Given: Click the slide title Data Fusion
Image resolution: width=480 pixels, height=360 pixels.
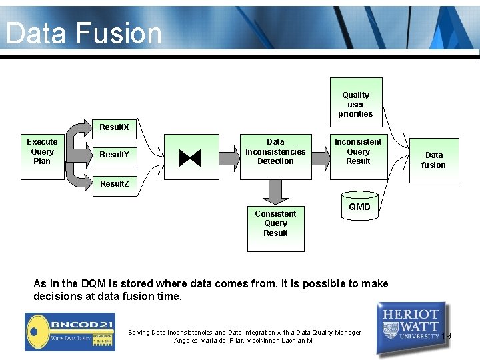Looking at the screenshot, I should point(84,33).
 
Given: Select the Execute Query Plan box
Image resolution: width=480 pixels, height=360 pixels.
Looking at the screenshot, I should point(42,151).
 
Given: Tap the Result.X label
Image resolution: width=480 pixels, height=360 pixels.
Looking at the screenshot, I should point(114,127).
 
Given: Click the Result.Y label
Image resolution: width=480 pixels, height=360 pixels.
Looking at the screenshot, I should point(114,155).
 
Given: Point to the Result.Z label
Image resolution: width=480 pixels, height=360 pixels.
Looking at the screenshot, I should point(114,183).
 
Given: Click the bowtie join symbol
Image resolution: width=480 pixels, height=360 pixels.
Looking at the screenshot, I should point(190,157).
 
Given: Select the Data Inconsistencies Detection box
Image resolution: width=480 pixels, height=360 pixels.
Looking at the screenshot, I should point(275,152).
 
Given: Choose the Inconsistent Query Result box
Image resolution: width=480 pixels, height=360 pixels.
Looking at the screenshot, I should point(358,152).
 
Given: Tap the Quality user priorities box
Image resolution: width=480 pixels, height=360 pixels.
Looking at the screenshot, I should point(355,105).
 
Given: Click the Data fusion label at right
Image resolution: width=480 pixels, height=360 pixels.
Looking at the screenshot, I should point(433,160).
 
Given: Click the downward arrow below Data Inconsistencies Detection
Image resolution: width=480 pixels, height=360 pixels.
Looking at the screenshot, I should point(275,192).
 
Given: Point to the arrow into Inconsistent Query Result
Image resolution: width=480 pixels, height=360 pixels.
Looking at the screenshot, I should point(321,157).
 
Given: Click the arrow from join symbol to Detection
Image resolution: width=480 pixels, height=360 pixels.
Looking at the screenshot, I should point(230,157).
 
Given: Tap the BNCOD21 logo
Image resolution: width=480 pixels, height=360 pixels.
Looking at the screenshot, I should point(69,331).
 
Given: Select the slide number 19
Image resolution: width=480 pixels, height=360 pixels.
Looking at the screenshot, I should point(446,336).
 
